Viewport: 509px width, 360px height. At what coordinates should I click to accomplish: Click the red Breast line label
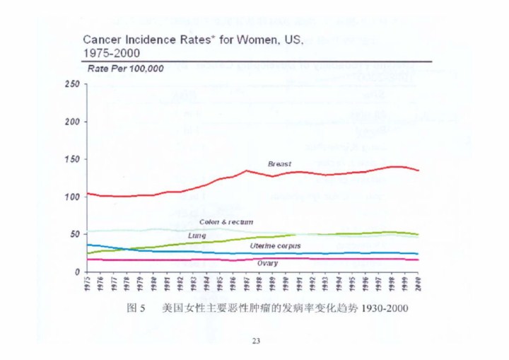(x=279, y=164)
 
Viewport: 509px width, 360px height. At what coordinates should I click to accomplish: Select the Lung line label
(x=197, y=235)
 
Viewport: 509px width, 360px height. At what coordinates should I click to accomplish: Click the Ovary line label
(x=267, y=263)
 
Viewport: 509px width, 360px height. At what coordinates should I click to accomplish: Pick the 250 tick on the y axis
(x=71, y=85)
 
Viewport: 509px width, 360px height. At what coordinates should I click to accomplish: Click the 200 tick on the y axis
(x=71, y=122)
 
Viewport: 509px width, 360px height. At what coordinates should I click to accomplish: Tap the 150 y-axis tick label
(x=71, y=159)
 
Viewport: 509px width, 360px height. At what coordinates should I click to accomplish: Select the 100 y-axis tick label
(x=71, y=197)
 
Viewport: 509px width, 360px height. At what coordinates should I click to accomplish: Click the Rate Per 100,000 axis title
(x=125, y=69)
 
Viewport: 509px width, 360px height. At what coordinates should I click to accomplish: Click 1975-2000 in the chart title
(x=111, y=53)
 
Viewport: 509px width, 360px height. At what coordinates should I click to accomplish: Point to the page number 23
(x=256, y=342)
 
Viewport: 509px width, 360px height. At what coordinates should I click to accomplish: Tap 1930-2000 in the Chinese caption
(x=383, y=309)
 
